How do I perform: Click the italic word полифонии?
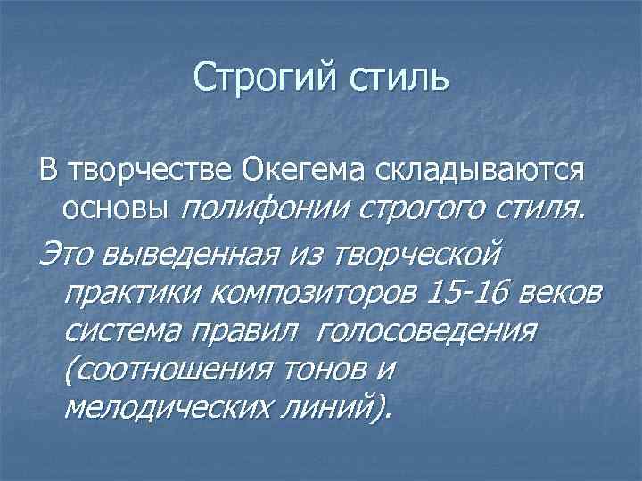pos(265,209)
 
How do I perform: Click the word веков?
pos(557,291)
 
